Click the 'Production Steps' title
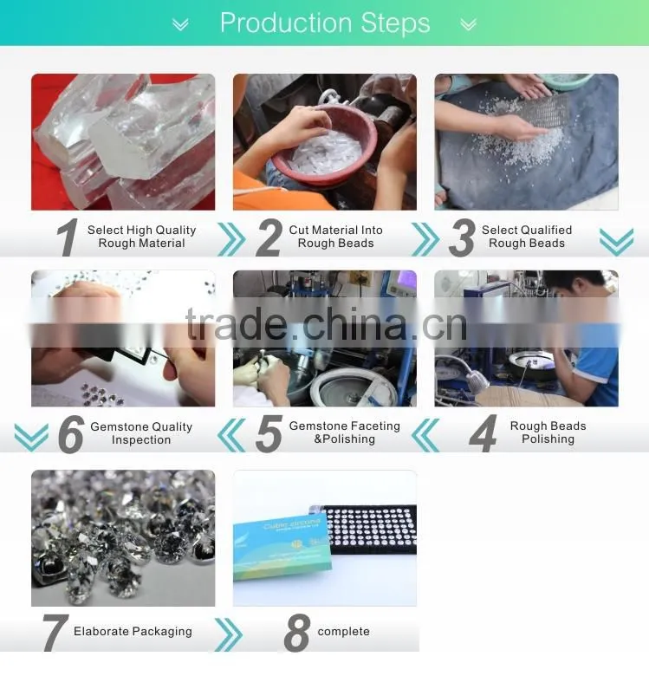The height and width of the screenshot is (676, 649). (x=325, y=23)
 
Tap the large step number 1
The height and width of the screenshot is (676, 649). (x=68, y=237)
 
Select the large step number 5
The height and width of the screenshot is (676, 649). (x=269, y=433)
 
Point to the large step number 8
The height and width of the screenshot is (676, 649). (x=297, y=633)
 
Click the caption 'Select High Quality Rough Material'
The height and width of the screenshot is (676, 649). (x=142, y=237)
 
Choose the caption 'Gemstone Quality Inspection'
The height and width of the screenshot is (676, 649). (x=141, y=433)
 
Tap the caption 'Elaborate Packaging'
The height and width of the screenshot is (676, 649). (x=133, y=632)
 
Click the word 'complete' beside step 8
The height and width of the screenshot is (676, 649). (x=343, y=632)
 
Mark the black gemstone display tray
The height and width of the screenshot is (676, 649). (x=371, y=530)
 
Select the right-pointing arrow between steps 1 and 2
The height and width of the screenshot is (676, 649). (x=231, y=239)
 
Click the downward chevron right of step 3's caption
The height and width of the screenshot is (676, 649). (x=617, y=242)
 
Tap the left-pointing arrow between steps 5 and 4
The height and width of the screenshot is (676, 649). (x=425, y=435)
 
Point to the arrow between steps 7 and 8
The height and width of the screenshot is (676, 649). (x=229, y=634)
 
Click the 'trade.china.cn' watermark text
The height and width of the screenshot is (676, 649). (x=327, y=325)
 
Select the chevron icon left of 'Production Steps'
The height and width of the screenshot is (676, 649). (x=180, y=24)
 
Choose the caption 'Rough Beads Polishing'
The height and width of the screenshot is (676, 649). (x=548, y=432)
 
